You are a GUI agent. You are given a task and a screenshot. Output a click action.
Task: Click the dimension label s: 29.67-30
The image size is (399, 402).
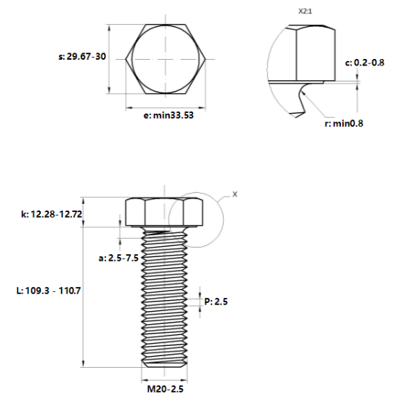82,56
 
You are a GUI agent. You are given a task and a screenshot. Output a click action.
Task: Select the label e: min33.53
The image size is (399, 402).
169,115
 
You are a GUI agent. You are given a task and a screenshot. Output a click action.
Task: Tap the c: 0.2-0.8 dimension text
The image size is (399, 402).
364,63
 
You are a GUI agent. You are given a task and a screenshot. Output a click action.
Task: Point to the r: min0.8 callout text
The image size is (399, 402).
344,124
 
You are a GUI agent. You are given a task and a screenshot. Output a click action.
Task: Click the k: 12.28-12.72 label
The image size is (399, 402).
52,214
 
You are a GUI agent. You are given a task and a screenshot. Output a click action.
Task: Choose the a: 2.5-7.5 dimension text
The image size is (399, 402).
118,258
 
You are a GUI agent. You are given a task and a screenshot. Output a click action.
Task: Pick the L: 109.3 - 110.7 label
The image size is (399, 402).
49,291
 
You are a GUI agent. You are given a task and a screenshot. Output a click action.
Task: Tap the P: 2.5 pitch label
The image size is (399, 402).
216,301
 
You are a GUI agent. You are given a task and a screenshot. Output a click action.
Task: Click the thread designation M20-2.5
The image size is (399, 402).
165,389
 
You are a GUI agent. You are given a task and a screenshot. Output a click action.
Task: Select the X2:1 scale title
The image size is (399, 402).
305,12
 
